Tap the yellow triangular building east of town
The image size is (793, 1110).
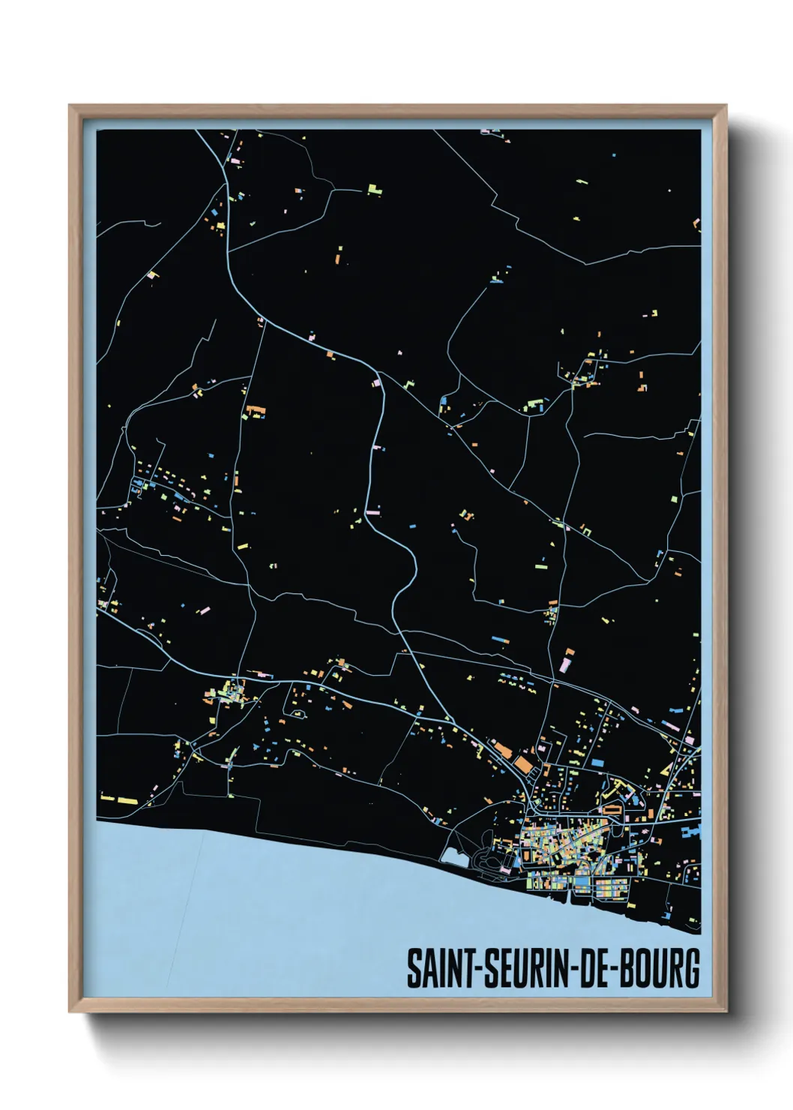pos(665,768)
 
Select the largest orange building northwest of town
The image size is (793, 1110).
pos(522,764)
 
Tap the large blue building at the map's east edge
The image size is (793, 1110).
pos(692,830)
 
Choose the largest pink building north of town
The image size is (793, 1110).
pos(565,664)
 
